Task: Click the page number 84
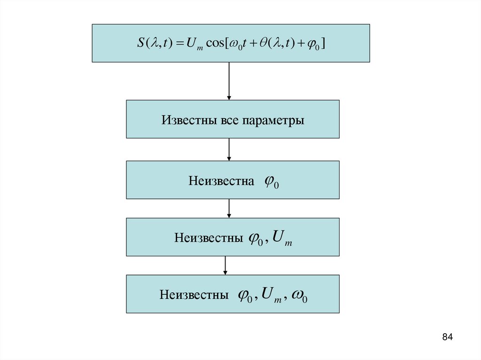[447, 337]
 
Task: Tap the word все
[228, 120]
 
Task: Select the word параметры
[273, 120]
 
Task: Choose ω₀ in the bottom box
[299, 296]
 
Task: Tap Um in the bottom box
[271, 296]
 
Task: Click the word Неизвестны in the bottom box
[194, 295]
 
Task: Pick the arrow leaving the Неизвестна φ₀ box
[229, 208]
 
